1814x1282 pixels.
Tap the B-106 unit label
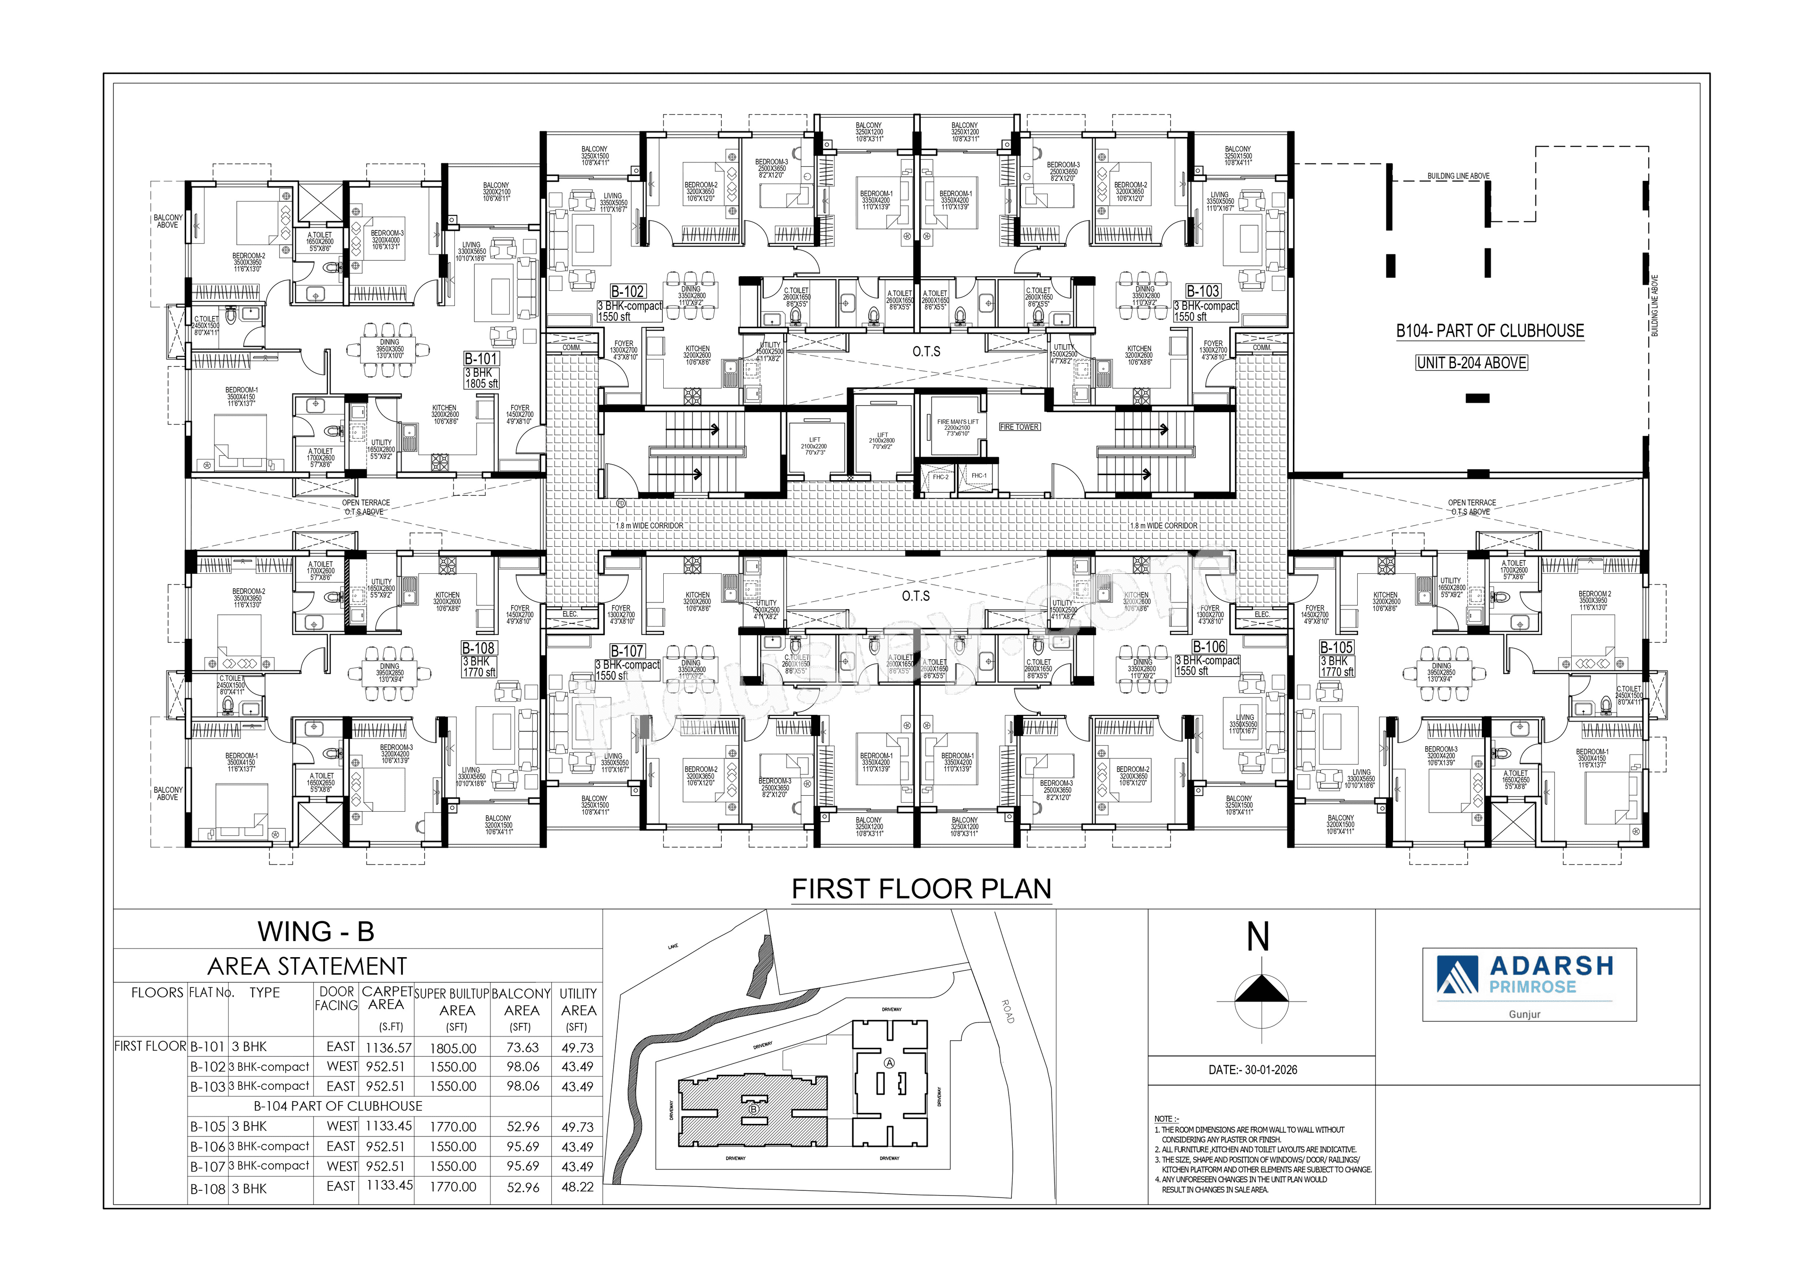coord(1209,646)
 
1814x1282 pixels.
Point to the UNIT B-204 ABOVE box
coord(1471,363)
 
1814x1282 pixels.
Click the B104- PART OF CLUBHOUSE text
coord(1489,331)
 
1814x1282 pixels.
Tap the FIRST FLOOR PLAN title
coord(921,889)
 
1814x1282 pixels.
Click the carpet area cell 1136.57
coord(388,1046)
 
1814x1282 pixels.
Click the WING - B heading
coord(315,931)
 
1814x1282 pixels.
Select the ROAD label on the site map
coord(1007,1011)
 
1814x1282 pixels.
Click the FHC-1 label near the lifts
coord(978,475)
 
